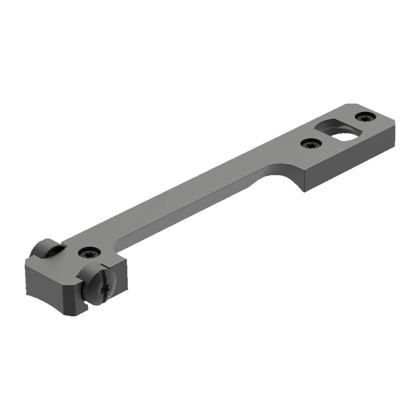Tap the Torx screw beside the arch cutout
coord(311,144)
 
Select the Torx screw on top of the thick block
coord(89,253)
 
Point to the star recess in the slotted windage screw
coord(105,289)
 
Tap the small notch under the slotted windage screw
coord(86,309)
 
